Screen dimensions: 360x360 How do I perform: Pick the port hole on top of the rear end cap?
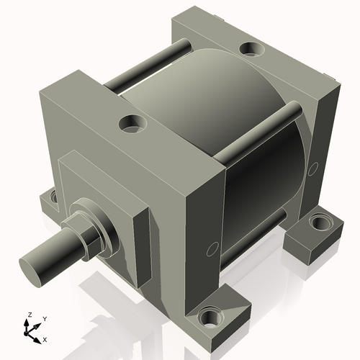251,49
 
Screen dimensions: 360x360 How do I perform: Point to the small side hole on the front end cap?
210,249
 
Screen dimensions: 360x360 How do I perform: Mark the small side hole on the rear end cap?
314,168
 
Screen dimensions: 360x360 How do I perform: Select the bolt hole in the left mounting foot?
52,195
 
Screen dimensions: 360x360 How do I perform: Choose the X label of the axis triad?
45,338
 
